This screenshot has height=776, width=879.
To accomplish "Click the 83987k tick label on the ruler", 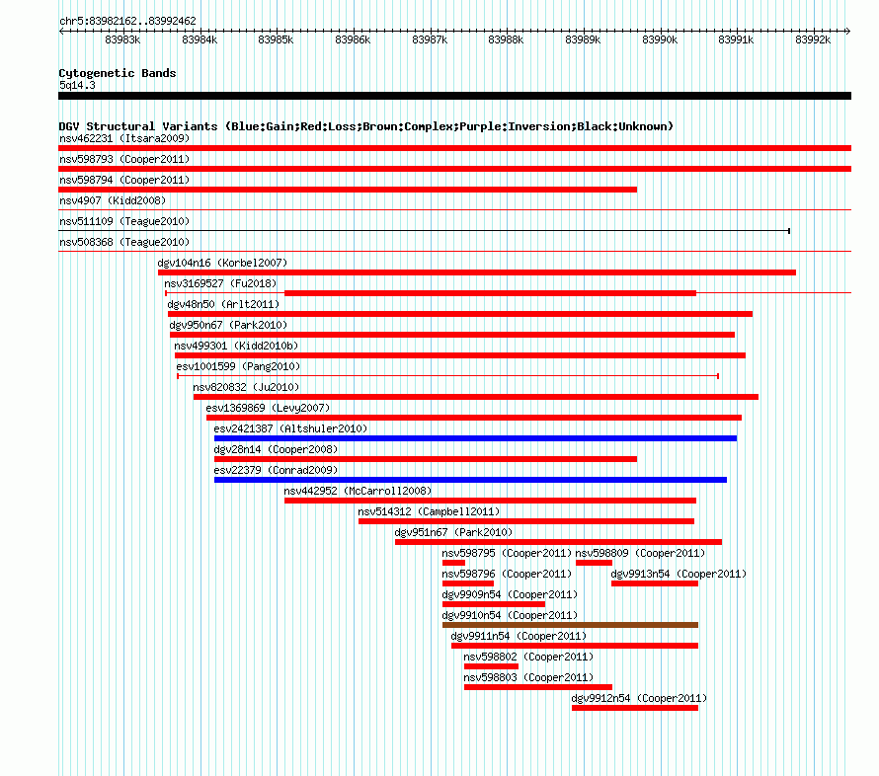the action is pos(430,39).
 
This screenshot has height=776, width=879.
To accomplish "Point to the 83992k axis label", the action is pos(813,39).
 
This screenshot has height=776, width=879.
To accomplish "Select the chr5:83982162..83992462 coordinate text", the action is pos(127,22).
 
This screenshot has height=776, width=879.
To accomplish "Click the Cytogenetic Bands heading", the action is pos(118,73).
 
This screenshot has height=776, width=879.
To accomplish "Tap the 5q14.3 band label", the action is pos(77,85).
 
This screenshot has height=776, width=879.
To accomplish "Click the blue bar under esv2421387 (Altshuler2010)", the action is pos(475,438).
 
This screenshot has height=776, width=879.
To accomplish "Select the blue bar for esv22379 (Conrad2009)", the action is pos(470,480).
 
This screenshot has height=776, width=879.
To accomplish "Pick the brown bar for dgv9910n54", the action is pos(570,625).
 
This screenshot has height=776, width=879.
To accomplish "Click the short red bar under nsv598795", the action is pos(453,563).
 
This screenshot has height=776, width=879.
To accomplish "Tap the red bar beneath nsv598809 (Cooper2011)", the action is pos(594,563).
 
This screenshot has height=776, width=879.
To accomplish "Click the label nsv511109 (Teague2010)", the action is pos(124,221).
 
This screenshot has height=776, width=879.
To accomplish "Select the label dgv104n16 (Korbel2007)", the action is pos(222,263).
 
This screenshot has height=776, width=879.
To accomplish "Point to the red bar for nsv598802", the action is pos(491,666).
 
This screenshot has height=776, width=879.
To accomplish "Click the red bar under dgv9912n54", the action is pos(635,708).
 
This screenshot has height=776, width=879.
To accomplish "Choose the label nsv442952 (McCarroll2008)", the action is pos(358,491).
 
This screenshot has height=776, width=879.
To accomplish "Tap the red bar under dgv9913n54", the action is pos(655,583).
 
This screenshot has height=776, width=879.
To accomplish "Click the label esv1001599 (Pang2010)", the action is pos(238,366).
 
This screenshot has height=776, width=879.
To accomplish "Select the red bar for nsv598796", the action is pos(468,583).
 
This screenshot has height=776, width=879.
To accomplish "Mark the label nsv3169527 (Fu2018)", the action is pos(220,283).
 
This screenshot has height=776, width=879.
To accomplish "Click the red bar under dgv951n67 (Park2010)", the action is pos(558,542).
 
